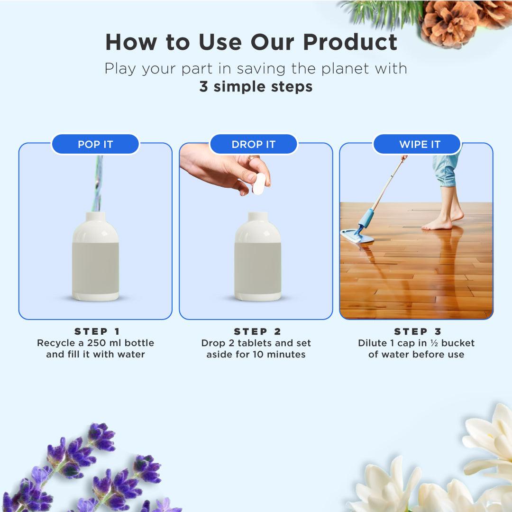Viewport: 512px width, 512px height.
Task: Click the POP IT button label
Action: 95,145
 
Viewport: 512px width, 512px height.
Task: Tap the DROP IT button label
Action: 253,145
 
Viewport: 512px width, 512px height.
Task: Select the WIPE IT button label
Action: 420,145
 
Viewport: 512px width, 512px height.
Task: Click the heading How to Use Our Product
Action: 251,42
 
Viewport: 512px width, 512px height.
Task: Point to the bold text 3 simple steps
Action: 256,87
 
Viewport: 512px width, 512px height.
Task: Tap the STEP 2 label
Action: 257,331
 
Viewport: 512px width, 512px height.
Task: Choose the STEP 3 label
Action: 418,331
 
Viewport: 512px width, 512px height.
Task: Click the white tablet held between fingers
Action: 259,183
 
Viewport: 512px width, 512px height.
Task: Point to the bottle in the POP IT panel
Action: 95,258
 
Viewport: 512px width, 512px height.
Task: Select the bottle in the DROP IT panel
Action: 257,258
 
